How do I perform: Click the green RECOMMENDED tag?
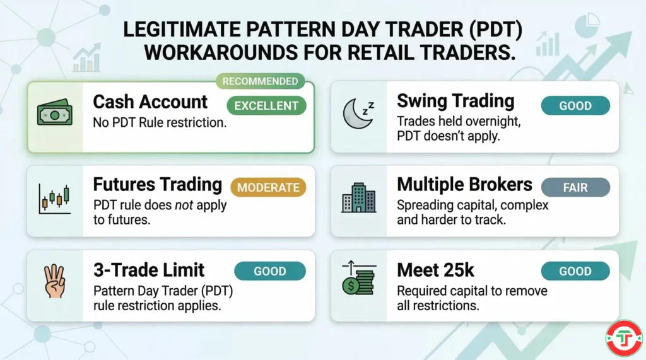click(x=260, y=81)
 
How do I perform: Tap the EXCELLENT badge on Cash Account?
click(x=266, y=105)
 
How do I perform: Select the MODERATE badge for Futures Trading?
click(x=268, y=187)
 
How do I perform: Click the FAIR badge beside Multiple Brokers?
click(x=575, y=187)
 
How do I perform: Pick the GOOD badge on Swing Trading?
click(x=575, y=105)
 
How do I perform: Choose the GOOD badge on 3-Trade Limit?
click(x=270, y=271)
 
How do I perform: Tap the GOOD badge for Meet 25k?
click(x=575, y=271)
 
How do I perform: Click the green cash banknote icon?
click(x=55, y=115)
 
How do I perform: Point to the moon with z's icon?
click(x=358, y=113)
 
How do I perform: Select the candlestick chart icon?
click(x=55, y=198)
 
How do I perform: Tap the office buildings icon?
click(x=358, y=198)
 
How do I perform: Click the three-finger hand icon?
click(x=55, y=282)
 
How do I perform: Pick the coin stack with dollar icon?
click(x=358, y=281)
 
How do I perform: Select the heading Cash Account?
click(x=150, y=102)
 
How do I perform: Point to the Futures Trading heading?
click(x=158, y=185)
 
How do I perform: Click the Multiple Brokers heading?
click(x=464, y=185)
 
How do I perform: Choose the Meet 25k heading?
click(x=435, y=270)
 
